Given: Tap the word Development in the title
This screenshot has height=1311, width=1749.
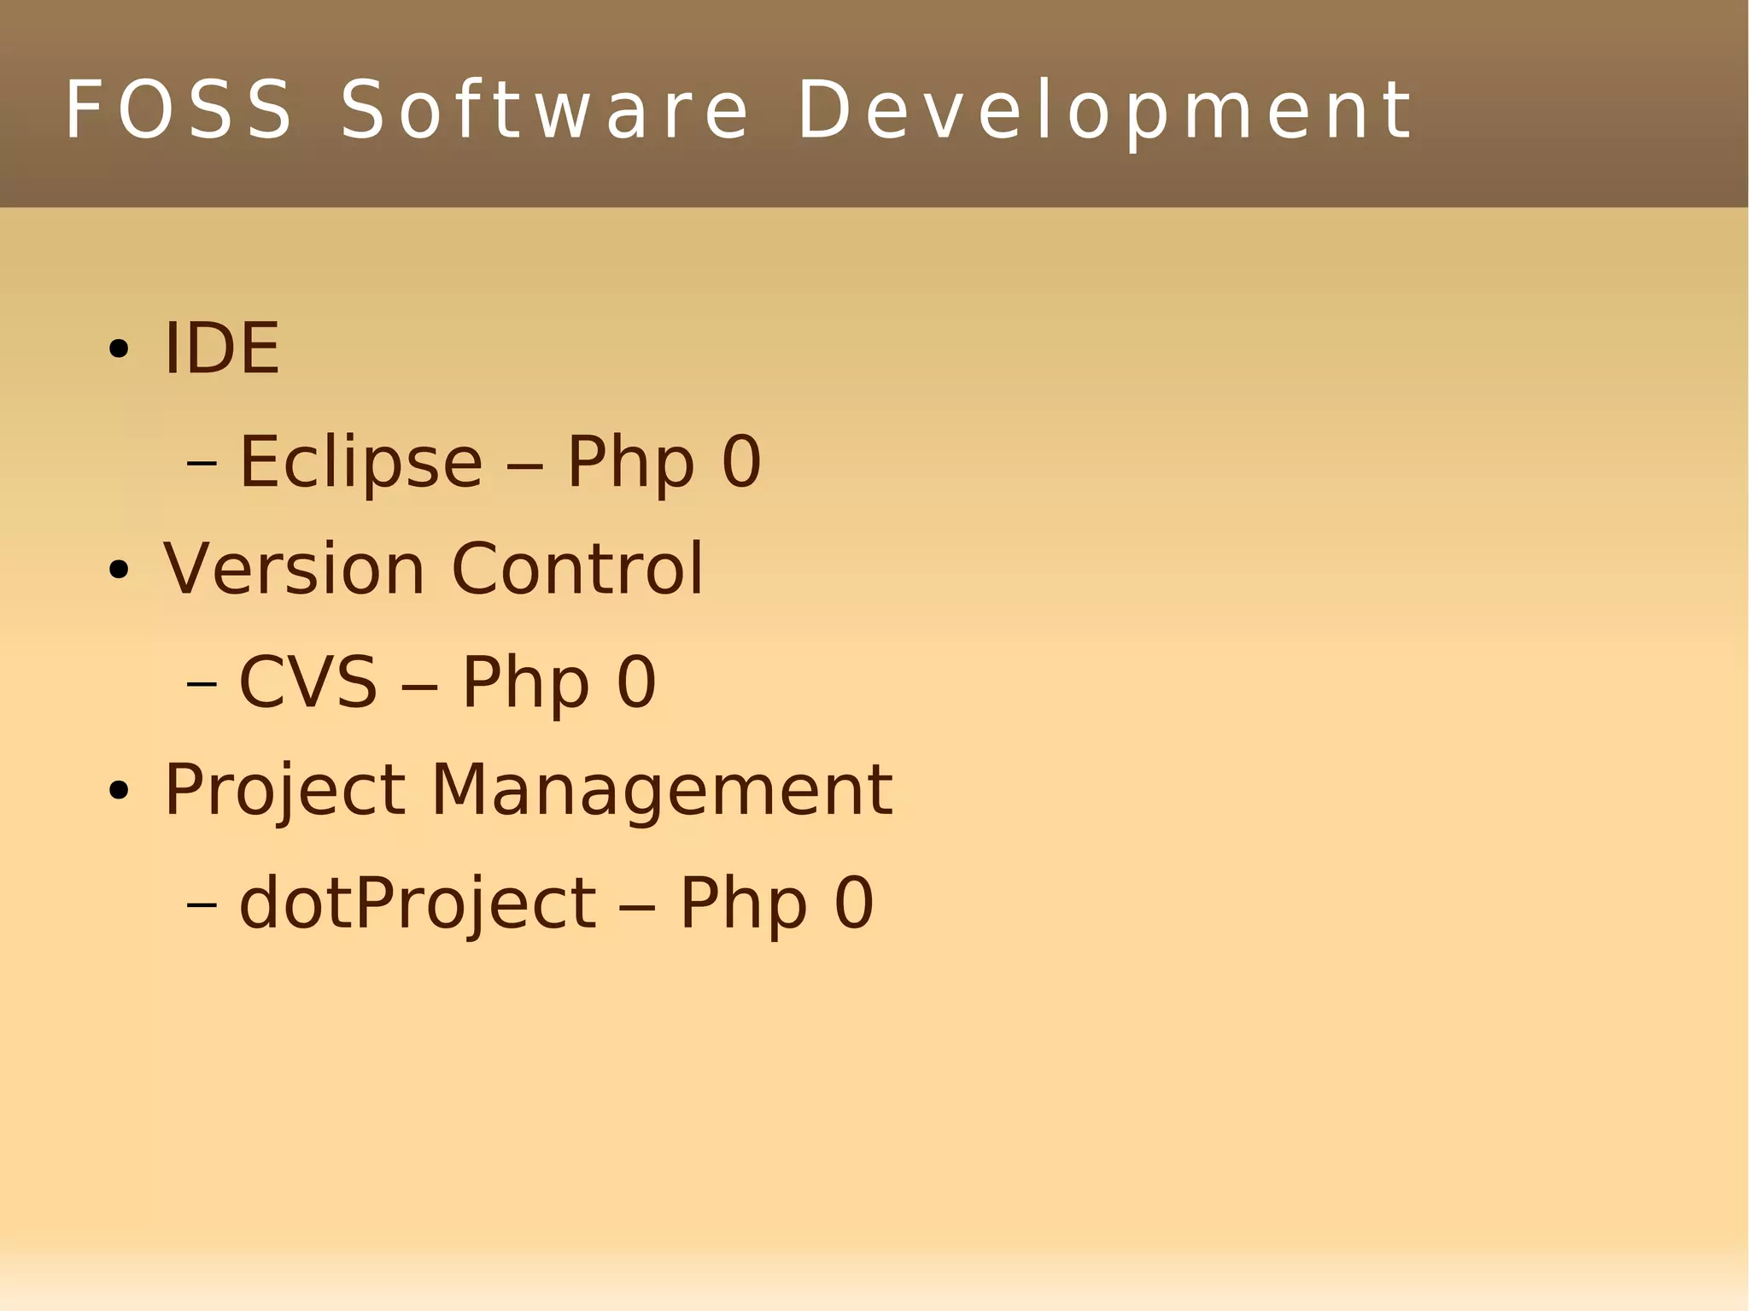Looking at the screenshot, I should click(1105, 111).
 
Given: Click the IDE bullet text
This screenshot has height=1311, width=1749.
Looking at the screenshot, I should click(221, 348).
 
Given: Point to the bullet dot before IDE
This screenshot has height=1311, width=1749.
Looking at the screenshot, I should click(119, 349).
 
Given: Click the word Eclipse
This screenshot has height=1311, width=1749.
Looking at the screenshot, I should click(360, 462).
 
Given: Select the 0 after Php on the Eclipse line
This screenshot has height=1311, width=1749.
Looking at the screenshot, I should click(740, 462).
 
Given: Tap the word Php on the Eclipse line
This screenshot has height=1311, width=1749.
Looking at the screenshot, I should click(630, 464).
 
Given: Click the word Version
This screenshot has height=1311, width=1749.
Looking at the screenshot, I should click(294, 569).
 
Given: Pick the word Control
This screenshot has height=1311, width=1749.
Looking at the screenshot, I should click(576, 569).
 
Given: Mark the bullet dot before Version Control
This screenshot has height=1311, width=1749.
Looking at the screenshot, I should click(119, 571).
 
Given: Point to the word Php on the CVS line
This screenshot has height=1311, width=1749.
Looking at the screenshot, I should click(525, 683).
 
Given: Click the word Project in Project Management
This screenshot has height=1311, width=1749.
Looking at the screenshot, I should click(284, 791).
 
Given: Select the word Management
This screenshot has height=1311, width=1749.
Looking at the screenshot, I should click(662, 791).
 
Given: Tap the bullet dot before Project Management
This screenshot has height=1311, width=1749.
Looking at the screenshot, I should click(119, 791).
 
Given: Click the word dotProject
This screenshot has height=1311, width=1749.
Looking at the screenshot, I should click(417, 903).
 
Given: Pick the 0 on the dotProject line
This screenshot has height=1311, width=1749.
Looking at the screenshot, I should click(854, 903).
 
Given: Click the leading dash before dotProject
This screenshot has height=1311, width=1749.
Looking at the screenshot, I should click(202, 904).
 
